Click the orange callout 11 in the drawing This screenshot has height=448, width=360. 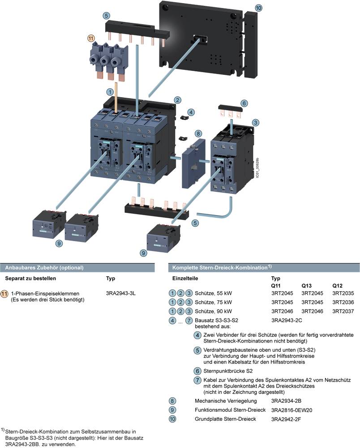(92, 39)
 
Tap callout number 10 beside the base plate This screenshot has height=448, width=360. (259, 8)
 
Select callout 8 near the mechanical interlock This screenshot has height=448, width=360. (198, 134)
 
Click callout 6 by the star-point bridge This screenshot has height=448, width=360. (244, 103)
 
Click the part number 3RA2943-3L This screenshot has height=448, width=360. (120, 293)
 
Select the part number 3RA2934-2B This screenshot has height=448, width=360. (287, 401)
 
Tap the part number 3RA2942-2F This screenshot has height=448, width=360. (286, 419)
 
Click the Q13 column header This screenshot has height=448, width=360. (307, 285)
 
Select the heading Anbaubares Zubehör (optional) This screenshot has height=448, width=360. (44, 267)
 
